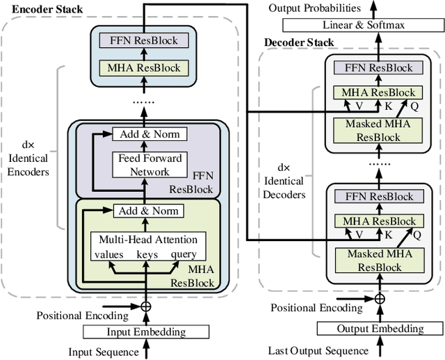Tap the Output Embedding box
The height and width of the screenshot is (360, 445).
tap(380, 329)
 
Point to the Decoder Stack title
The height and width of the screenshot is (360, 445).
tap(299, 42)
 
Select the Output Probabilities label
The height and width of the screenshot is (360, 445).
tap(317, 8)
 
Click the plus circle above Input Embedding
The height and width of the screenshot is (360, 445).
tap(146, 306)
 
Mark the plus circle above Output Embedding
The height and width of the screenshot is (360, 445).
tap(380, 299)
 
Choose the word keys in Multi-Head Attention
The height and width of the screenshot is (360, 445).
tap(147, 254)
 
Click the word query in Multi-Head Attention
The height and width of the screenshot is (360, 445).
tap(184, 254)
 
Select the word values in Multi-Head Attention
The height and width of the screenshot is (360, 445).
tap(109, 254)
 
